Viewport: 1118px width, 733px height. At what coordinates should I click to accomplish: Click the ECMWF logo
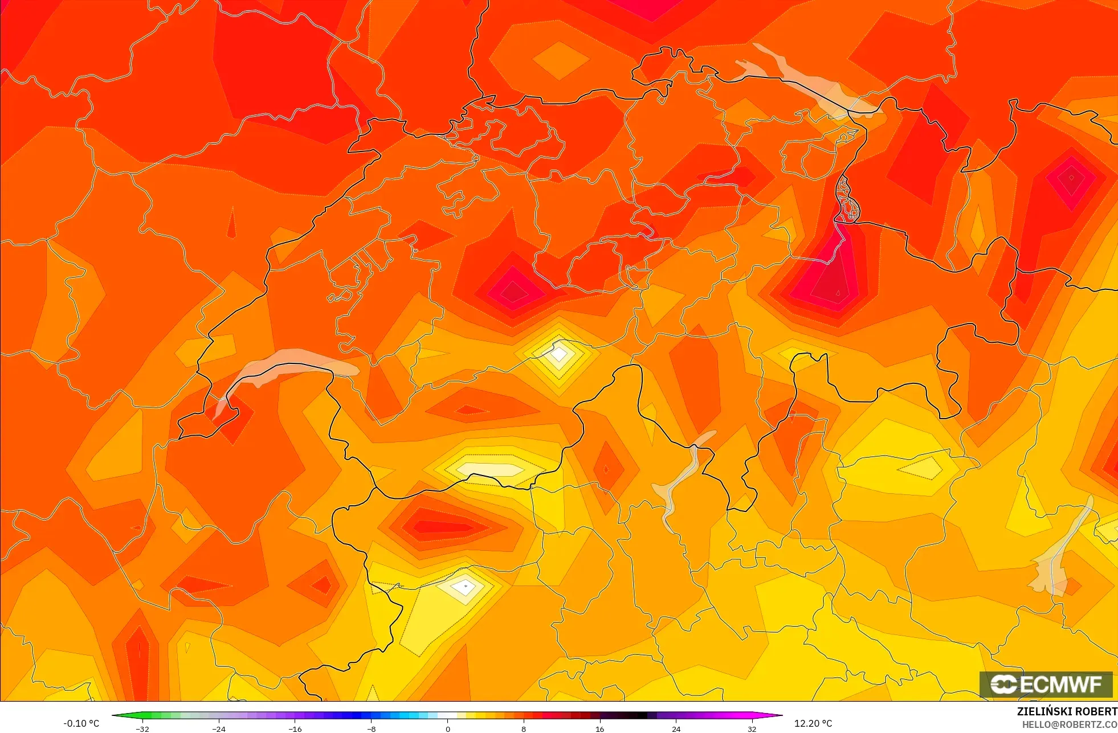point(1046,684)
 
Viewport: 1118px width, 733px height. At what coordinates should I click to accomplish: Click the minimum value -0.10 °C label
point(81,723)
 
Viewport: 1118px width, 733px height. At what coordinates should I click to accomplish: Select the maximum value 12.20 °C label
point(813,723)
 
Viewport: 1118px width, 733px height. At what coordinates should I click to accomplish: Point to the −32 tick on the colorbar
point(142,728)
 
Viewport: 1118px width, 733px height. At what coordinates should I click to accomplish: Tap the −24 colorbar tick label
point(219,728)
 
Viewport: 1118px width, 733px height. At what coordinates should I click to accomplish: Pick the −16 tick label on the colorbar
point(295,728)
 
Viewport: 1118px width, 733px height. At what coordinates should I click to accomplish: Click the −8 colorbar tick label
point(371,728)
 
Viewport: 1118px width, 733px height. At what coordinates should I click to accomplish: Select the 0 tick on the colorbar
point(447,728)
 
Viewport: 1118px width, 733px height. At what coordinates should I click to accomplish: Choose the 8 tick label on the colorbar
point(524,728)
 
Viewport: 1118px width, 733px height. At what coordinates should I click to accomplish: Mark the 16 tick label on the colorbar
point(599,728)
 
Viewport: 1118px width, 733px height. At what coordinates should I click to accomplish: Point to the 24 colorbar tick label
point(676,728)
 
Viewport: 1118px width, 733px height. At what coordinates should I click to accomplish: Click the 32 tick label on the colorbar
point(752,728)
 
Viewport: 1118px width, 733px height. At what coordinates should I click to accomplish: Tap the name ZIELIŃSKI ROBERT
point(1067,711)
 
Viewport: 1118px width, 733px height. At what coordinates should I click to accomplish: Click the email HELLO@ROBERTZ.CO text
point(1069,724)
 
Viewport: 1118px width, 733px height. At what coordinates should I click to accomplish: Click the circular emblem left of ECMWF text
point(1003,684)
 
